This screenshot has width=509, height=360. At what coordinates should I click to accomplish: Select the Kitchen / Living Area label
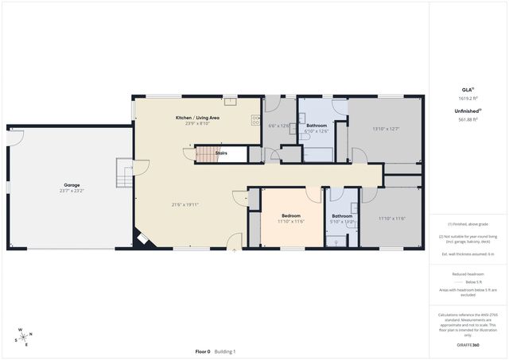tap(197, 118)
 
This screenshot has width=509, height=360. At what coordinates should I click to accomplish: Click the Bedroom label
tap(290, 215)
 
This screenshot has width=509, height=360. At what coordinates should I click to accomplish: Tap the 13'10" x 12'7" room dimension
tap(385, 129)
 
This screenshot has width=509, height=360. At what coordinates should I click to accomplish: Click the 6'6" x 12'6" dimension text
tap(278, 126)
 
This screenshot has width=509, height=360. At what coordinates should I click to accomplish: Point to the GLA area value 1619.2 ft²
tap(468, 99)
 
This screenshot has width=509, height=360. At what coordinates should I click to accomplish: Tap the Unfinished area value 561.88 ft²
tap(468, 120)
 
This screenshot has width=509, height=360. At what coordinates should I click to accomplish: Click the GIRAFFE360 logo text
tap(468, 346)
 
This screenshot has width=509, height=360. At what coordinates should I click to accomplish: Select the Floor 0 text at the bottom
tap(203, 351)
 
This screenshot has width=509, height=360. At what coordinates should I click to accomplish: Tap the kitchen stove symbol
tap(255, 121)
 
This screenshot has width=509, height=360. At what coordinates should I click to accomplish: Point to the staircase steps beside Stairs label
tap(206, 153)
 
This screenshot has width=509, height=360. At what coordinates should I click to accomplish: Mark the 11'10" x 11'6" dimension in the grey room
tap(391, 219)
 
